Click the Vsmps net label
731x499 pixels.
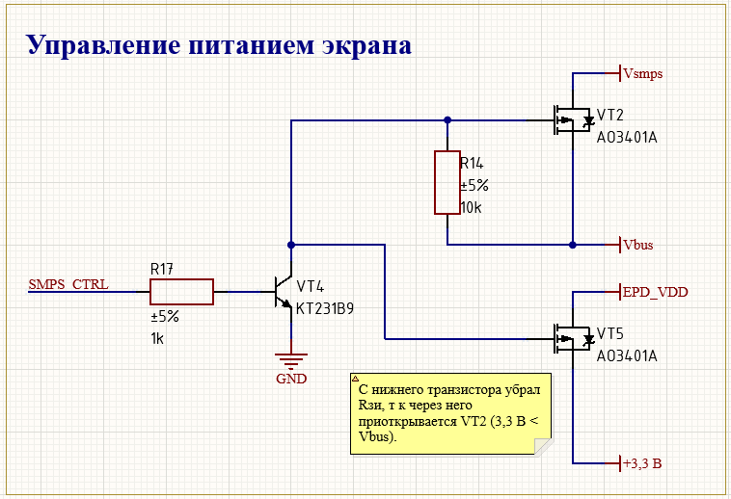point(642,73)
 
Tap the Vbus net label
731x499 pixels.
point(637,245)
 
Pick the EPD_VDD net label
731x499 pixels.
point(654,291)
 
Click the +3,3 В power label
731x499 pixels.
point(642,463)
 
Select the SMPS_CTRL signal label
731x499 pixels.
point(68,285)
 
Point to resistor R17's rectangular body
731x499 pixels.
point(181,291)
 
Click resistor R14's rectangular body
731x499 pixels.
point(447,182)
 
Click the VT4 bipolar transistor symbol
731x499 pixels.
point(284,292)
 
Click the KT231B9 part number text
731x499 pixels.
point(326,310)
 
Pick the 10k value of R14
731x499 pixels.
point(472,208)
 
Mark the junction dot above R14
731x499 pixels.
point(447,121)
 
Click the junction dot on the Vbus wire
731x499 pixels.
point(573,245)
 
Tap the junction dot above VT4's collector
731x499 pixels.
point(291,245)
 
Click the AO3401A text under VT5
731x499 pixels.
point(627,355)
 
